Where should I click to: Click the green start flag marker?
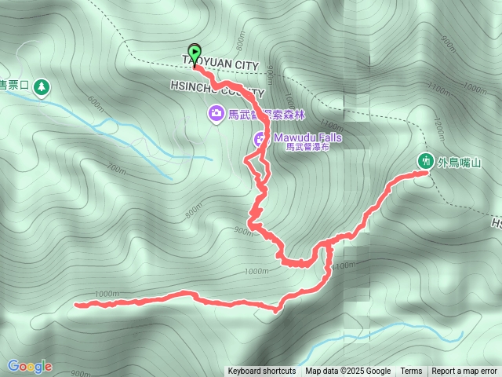pos(195,53)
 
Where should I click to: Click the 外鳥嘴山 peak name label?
pos(459,163)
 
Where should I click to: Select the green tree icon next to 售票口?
pos(40,86)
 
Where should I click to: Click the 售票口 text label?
pos(14,86)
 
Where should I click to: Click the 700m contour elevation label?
pos(116,169)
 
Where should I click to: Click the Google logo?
pos(29,366)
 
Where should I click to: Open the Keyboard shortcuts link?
pos(261,372)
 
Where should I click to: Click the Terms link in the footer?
pos(411,372)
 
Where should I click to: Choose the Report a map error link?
pos(466,372)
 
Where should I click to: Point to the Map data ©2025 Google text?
pos(348,372)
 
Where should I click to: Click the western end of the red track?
pos(76,304)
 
